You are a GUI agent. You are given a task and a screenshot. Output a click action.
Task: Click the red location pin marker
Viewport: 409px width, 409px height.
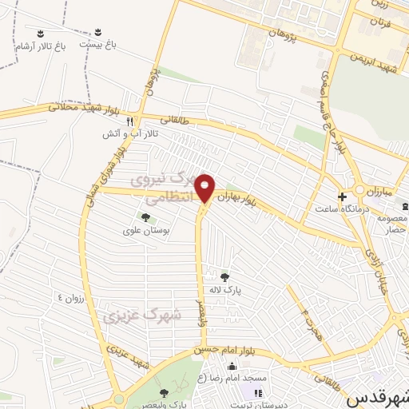205,187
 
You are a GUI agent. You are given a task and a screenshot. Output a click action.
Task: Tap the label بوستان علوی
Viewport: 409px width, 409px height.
146,230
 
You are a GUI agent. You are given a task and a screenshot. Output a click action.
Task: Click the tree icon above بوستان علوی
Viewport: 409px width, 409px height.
145,217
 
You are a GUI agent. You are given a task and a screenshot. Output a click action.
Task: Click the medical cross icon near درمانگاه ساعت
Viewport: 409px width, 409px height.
342,197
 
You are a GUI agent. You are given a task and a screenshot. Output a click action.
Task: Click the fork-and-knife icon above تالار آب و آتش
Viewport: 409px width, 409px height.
141,121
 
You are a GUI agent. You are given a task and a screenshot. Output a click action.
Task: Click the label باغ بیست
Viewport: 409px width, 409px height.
96,45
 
